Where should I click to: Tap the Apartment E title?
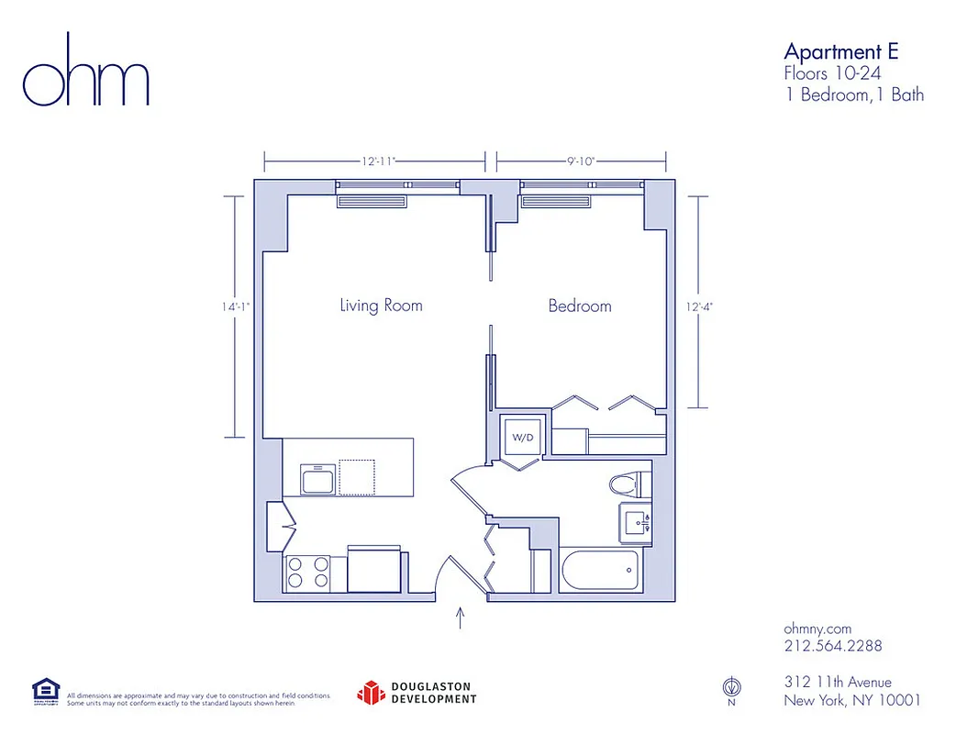840,51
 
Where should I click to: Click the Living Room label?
381,306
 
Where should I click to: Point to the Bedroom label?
579,306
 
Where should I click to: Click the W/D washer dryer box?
522,439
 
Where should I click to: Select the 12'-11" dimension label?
377,161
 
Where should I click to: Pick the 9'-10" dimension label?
580,161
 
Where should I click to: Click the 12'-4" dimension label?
699,306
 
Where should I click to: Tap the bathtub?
598,572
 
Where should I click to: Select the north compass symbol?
731,687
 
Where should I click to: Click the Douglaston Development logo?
417,692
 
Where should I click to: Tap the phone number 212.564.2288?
832,646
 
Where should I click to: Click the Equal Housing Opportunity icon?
46,691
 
